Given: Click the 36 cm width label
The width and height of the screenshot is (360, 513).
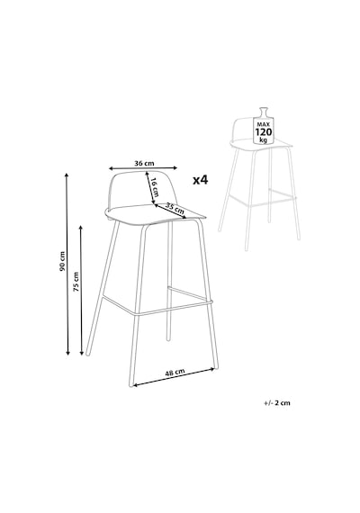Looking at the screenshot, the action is pyautogui.click(x=144, y=163).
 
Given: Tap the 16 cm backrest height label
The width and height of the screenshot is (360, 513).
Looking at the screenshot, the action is pyautogui.click(x=155, y=187).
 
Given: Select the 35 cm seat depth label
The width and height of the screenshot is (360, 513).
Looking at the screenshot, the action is pyautogui.click(x=175, y=209).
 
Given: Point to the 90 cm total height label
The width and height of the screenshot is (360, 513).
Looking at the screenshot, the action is pyautogui.click(x=62, y=261).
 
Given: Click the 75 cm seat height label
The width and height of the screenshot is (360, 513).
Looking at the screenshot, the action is pyautogui.click(x=76, y=282).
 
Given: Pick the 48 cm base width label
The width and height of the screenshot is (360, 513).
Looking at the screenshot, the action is pyautogui.click(x=175, y=373).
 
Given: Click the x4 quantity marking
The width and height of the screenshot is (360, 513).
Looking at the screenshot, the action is pyautogui.click(x=201, y=180).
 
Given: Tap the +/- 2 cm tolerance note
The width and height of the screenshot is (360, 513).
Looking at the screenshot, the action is pyautogui.click(x=277, y=402).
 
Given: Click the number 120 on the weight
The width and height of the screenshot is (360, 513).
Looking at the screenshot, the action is pyautogui.click(x=263, y=132).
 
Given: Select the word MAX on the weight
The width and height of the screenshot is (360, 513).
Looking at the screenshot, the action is pyautogui.click(x=263, y=125).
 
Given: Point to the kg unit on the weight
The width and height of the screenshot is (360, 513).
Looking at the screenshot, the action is pyautogui.click(x=263, y=139).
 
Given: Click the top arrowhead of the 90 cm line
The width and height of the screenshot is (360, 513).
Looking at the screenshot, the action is pyautogui.click(x=67, y=175).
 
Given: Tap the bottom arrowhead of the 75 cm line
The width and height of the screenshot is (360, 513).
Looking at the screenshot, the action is pyautogui.click(x=82, y=352).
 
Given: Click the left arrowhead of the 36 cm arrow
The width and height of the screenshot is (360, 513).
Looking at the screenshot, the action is pyautogui.click(x=111, y=168).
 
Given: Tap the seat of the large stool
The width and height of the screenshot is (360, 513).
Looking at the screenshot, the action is pyautogui.click(x=154, y=214).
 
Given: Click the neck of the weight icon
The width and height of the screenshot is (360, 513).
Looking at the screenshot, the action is pyautogui.click(x=263, y=112).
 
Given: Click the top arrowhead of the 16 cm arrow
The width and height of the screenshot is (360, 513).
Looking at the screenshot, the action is pyautogui.click(x=148, y=174).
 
